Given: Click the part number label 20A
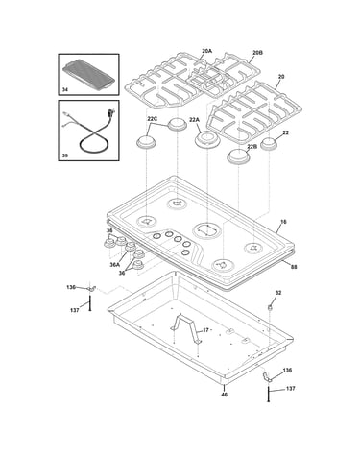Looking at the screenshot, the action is [206, 51].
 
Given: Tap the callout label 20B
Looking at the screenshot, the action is [257, 52].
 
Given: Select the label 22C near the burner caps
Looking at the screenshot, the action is [153, 119].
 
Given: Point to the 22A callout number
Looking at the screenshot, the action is [194, 120].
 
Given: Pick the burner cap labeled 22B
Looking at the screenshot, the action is [239, 156].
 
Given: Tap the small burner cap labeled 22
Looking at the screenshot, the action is [269, 143].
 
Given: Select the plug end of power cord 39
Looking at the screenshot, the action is [111, 113].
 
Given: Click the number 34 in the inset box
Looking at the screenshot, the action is [65, 90].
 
